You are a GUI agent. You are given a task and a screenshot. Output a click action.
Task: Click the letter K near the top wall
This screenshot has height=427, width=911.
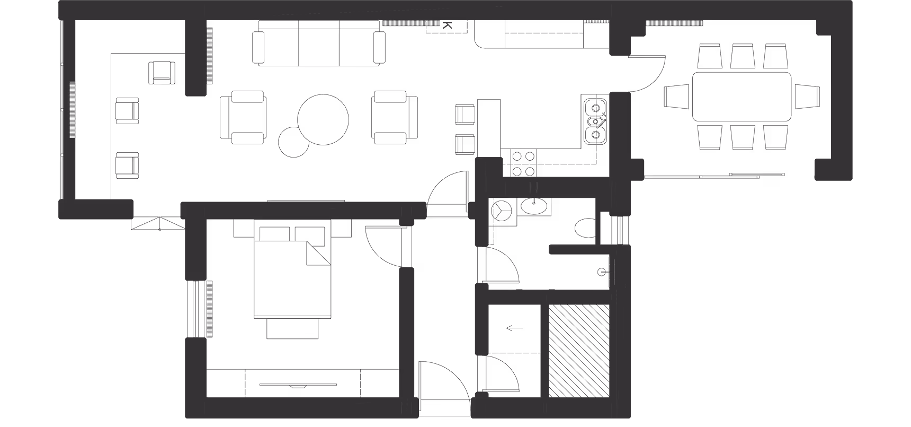(447, 25)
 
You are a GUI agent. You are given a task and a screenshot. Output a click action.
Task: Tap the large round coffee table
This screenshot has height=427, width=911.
(323, 119)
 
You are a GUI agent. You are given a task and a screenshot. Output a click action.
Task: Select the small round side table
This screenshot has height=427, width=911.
(293, 142)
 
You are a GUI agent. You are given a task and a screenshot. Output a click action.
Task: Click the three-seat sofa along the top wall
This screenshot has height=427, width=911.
(319, 43)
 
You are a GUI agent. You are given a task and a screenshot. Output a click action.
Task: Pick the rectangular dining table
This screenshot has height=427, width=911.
(742, 97)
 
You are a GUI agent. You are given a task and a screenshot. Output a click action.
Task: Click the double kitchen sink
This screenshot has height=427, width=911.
(596, 121)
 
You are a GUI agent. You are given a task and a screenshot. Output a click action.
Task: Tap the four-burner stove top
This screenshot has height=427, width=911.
(523, 163)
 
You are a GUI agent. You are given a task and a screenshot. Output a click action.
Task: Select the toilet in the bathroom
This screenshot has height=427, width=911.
(585, 228)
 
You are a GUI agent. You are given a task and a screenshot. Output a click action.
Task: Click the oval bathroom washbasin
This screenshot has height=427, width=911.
(534, 206)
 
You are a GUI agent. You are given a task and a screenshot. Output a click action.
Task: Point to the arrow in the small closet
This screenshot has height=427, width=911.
(514, 328)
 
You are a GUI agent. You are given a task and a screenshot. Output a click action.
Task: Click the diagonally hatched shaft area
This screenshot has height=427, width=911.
(579, 351)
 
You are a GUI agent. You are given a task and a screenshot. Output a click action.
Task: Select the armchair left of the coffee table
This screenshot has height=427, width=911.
(242, 117)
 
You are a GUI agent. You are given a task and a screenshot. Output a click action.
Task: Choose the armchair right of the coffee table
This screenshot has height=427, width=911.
(395, 117)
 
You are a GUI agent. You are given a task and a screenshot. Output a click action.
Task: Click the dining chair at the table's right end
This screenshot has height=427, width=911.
(807, 97)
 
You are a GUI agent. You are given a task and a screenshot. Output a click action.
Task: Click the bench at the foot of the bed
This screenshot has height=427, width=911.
(293, 328)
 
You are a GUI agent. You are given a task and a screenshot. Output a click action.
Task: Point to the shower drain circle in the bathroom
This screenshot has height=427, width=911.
(601, 272)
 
